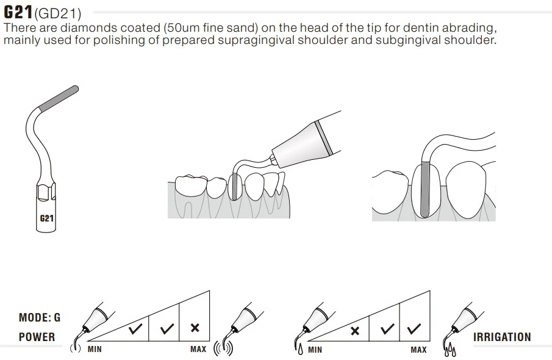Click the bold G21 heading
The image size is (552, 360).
(x=18, y=12)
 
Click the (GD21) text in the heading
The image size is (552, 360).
(x=58, y=13)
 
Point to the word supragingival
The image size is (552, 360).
(x=256, y=40)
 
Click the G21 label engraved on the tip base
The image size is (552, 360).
(x=46, y=218)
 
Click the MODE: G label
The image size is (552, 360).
(x=40, y=317)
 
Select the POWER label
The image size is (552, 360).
(x=37, y=337)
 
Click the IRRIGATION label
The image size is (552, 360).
(x=502, y=337)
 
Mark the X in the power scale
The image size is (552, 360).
(x=195, y=328)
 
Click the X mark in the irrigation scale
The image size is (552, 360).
(x=355, y=331)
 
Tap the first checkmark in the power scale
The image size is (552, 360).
(x=135, y=329)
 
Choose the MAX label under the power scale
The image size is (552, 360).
(x=198, y=349)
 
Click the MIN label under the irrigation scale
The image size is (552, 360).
(x=315, y=350)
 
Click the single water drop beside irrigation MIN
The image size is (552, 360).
(x=300, y=350)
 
